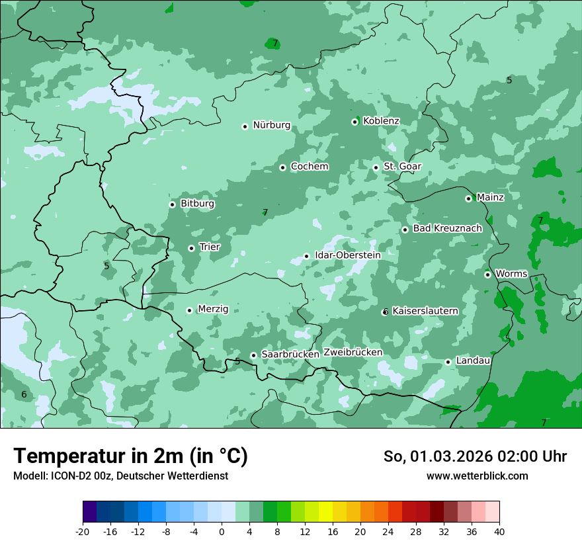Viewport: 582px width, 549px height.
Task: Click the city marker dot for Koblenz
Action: point(355,122)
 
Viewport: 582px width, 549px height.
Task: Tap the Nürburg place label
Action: point(271,125)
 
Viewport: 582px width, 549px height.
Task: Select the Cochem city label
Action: point(309,167)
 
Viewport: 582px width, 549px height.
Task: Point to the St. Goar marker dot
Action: point(376,167)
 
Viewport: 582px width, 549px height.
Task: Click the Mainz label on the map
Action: point(490,197)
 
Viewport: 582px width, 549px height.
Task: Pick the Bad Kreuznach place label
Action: point(447,228)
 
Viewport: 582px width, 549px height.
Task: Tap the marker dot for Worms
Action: point(487,274)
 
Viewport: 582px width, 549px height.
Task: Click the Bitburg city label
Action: point(197,204)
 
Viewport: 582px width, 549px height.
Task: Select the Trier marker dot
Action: point(192,248)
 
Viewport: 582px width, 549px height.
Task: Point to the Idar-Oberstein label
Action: point(347,255)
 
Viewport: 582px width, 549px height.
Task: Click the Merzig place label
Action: point(213,309)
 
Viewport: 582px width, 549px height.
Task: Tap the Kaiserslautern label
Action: point(425,311)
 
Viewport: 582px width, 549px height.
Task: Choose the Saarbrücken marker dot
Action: point(253,355)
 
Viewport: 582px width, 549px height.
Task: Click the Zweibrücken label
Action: point(353,353)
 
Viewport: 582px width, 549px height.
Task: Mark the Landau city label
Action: point(473,360)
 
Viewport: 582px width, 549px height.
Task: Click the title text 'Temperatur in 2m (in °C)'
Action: point(131,456)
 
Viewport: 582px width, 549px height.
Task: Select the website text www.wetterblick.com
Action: point(477,476)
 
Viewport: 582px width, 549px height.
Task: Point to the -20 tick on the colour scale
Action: point(83,531)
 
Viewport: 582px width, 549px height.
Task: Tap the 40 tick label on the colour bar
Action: point(499,531)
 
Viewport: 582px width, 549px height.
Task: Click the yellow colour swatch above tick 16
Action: point(325,512)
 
